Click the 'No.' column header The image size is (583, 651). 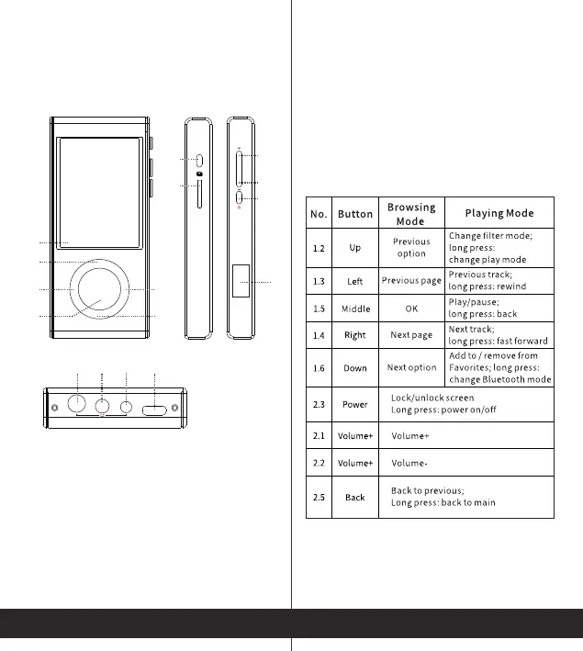click(x=319, y=214)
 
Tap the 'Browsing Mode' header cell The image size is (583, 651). click(x=410, y=214)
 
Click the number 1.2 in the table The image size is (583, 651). click(x=319, y=248)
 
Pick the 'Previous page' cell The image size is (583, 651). click(x=411, y=280)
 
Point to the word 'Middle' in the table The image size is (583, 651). click(x=355, y=309)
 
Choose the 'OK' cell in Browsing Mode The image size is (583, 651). click(x=410, y=309)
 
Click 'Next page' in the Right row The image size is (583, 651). click(x=411, y=335)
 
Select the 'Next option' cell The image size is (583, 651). click(x=411, y=367)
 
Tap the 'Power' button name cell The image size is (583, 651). click(x=355, y=404)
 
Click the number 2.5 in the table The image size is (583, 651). click(x=319, y=497)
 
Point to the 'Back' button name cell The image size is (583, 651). click(x=355, y=497)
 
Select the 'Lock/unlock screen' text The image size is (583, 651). click(x=432, y=398)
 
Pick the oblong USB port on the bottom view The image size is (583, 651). click(x=156, y=408)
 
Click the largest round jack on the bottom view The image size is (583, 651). click(x=78, y=404)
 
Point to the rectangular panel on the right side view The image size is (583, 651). click(x=241, y=280)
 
